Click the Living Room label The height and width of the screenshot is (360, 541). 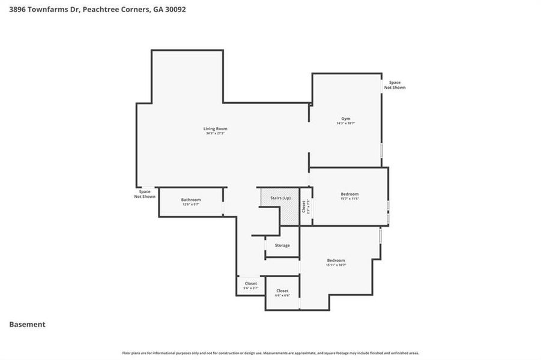point(215,128)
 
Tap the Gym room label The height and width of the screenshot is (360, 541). point(345,119)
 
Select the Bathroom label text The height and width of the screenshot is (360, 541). point(191,200)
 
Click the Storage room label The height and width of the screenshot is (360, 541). point(282,245)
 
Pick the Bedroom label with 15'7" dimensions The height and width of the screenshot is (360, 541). point(349,194)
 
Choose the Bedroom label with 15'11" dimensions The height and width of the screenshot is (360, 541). point(336,260)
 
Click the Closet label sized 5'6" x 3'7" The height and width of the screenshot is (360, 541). point(250,283)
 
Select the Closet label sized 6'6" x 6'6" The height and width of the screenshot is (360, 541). point(282,291)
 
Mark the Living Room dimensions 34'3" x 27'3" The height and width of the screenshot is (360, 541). point(215,133)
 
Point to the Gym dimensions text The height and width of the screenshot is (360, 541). point(345,124)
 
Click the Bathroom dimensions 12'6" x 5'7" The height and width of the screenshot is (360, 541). point(191,205)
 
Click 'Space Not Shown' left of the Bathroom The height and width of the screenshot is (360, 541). point(145,194)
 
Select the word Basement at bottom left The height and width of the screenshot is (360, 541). point(27,325)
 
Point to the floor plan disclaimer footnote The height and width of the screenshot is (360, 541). point(270,353)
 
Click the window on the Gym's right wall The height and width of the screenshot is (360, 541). point(381,150)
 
